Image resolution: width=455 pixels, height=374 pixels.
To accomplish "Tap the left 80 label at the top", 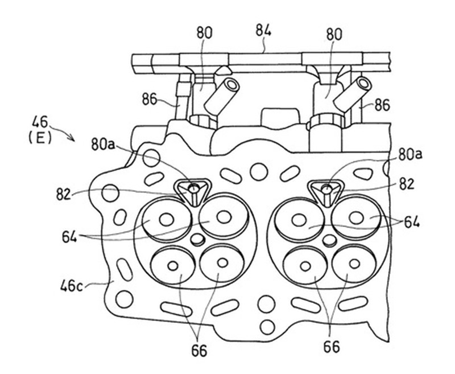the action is (205, 33).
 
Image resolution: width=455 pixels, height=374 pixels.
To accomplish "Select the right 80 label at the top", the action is (334, 35).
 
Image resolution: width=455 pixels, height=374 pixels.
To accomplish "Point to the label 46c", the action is (72, 286).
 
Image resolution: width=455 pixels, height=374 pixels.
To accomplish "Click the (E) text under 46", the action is (40, 138).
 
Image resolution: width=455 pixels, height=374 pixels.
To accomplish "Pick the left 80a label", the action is (103, 145).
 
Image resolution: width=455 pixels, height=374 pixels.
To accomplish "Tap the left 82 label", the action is (64, 195).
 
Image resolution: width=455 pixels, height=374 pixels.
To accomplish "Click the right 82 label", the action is (406, 184).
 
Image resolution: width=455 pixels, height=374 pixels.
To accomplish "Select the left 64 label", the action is (69, 237).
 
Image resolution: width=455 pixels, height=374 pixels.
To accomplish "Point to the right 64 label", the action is (412, 223).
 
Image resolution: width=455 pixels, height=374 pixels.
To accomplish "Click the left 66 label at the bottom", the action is (200, 351).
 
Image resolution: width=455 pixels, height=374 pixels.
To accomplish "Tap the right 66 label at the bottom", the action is (332, 347).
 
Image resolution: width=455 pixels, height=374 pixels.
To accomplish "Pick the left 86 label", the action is (150, 100).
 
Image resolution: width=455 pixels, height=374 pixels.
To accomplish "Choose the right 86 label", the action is (382, 106).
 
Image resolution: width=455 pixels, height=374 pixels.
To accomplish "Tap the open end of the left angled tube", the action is (232, 85).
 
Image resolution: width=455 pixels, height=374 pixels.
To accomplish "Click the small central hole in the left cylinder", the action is (197, 239).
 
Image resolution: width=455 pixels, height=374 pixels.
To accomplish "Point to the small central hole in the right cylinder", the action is (330, 240).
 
